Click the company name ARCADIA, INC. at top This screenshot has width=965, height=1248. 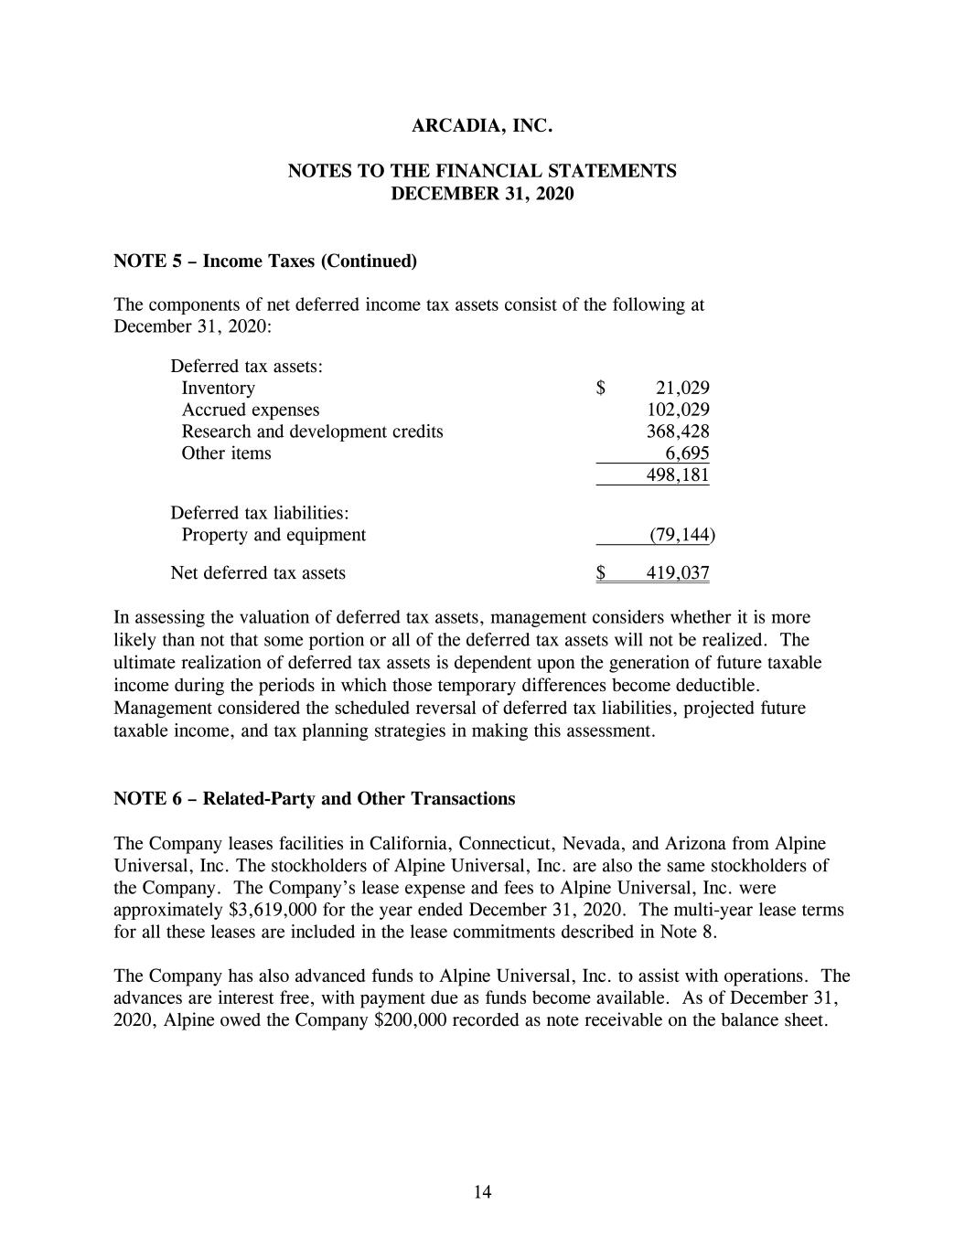point(482,126)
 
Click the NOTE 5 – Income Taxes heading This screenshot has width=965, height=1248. point(264,261)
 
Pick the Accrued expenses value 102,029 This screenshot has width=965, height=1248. point(678,410)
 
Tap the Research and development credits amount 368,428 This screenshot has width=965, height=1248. point(678,432)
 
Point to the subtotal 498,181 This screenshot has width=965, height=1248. point(678,475)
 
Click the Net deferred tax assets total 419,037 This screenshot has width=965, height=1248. point(678,573)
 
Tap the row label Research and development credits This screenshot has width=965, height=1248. point(312,432)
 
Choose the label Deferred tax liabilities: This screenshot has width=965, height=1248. point(260,513)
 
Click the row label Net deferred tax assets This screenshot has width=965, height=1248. point(258,573)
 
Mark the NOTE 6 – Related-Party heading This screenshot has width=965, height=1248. point(314,799)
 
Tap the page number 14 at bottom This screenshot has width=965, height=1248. point(483,1191)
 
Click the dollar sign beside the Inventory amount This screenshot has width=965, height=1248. point(601,388)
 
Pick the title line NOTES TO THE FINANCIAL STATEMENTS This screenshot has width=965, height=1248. point(482,171)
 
